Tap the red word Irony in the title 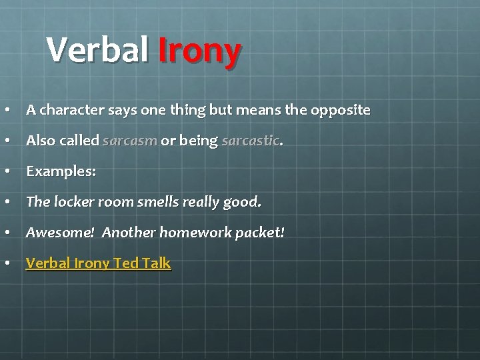coord(199,51)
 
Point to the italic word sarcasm coord(130,141)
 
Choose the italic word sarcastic coord(251,141)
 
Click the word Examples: coord(61,171)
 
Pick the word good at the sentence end coord(243,202)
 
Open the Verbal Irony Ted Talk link coord(98,263)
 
